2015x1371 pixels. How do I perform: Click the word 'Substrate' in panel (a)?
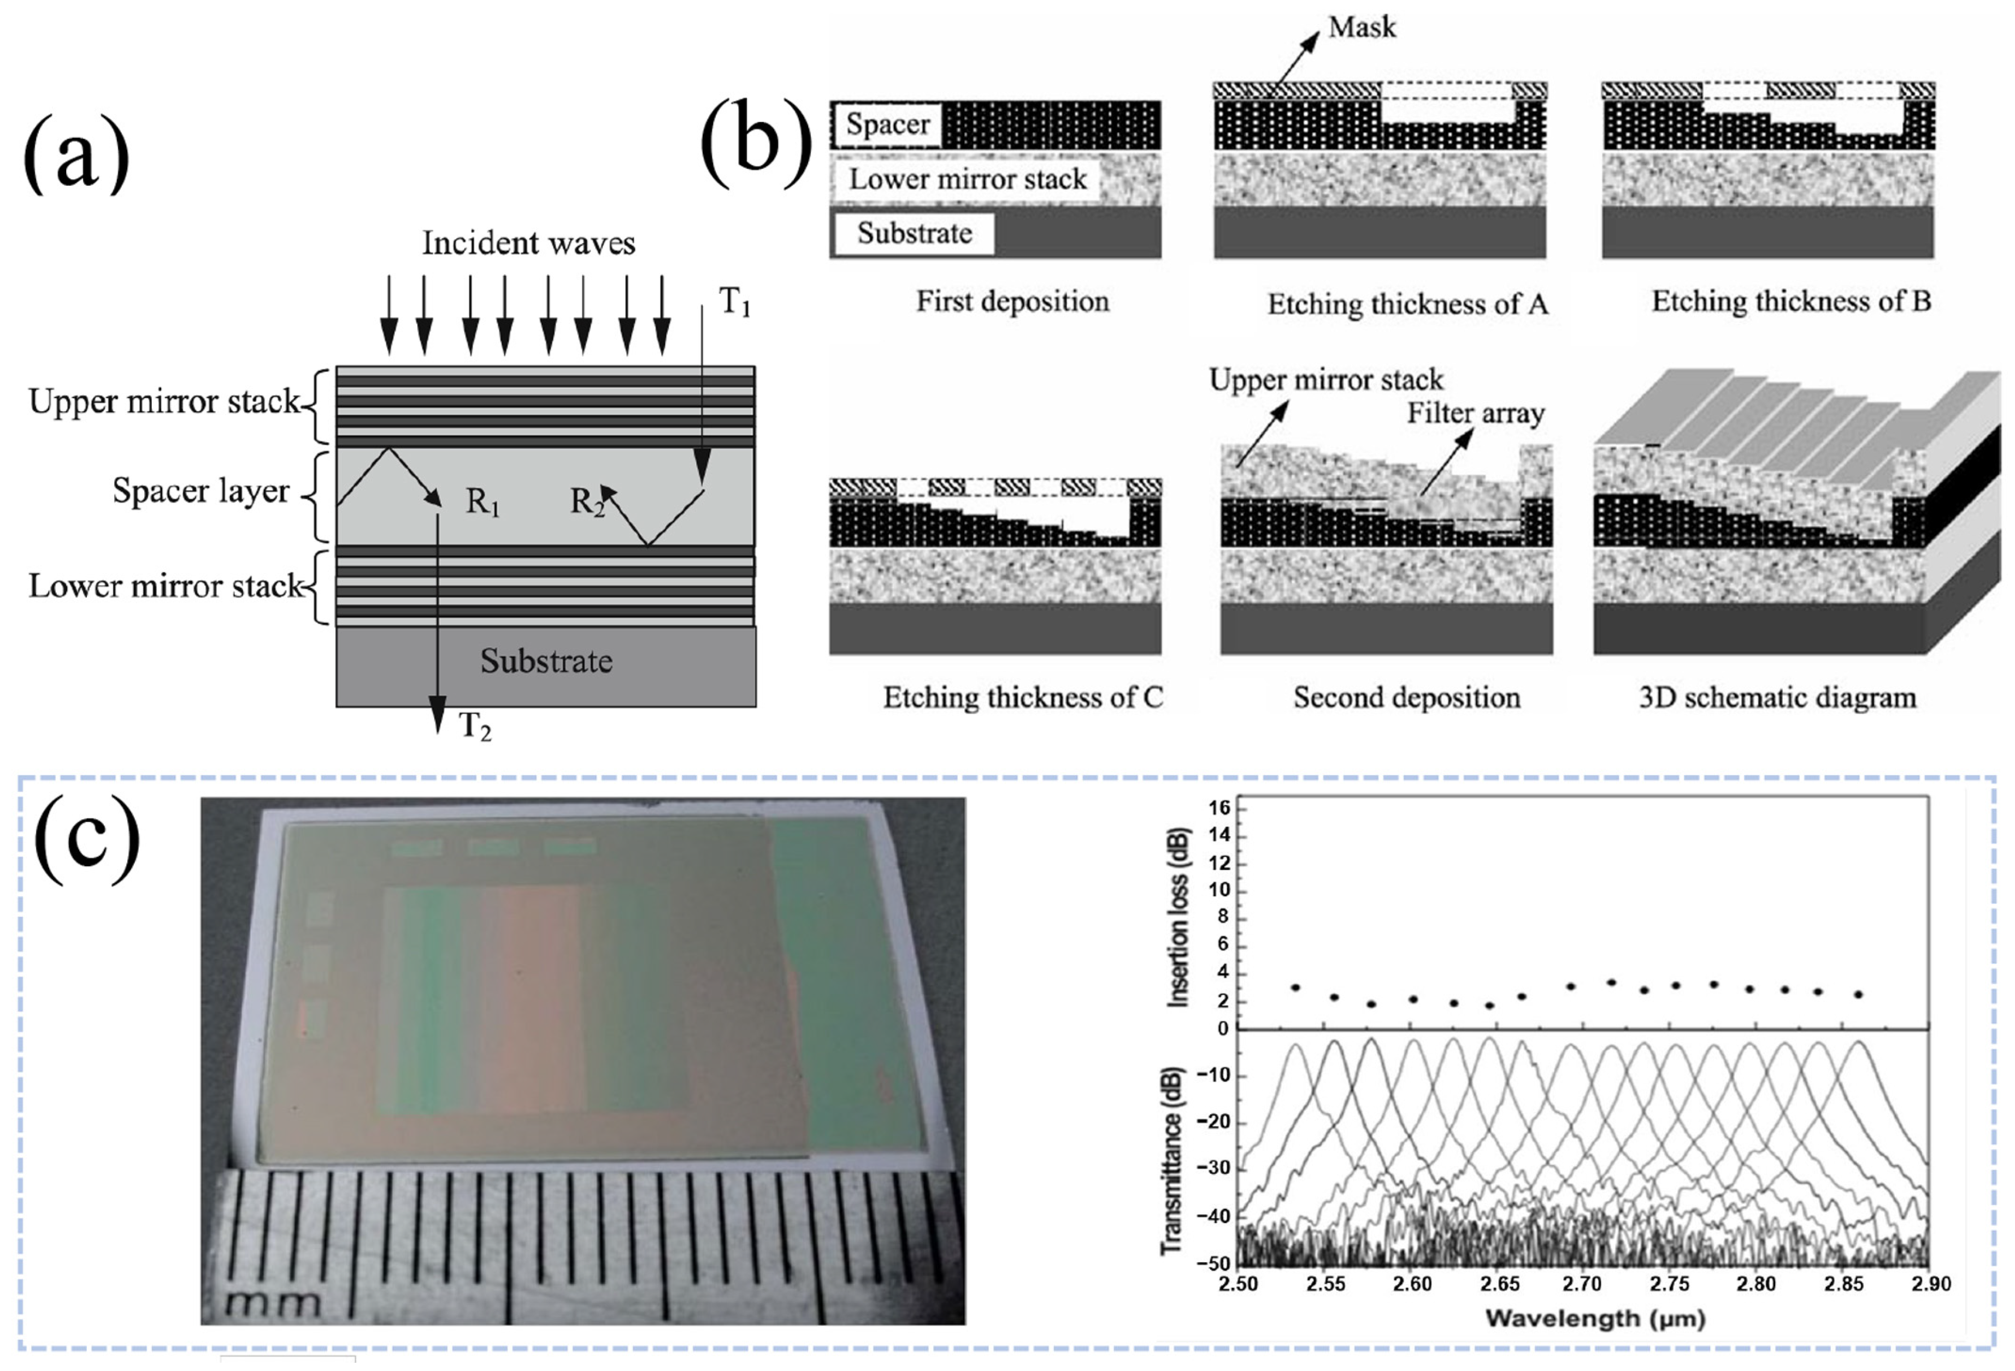[546, 661]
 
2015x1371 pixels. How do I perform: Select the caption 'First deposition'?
[1012, 302]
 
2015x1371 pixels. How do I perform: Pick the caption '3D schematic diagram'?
[1777, 698]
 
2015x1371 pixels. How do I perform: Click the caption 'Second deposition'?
[1406, 698]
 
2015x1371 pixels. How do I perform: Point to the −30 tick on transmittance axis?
[1213, 1168]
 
